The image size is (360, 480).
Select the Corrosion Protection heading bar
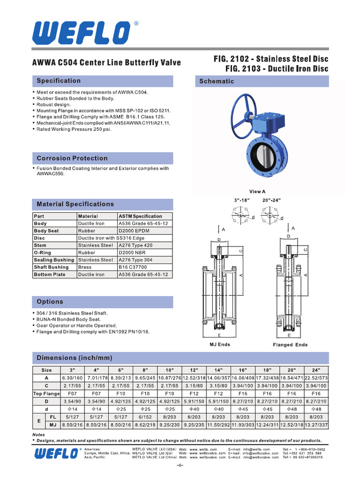72,158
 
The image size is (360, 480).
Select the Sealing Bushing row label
54,260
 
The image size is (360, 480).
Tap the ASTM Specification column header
141,216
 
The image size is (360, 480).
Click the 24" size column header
316,370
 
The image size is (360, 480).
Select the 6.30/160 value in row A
72,378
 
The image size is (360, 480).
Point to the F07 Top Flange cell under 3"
72,394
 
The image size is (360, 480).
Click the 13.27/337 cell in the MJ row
316,425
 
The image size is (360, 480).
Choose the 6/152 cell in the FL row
145,417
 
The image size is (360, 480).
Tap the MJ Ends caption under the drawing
219,345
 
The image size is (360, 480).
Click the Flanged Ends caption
290,345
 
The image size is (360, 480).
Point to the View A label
257,192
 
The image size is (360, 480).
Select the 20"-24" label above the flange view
271,200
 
